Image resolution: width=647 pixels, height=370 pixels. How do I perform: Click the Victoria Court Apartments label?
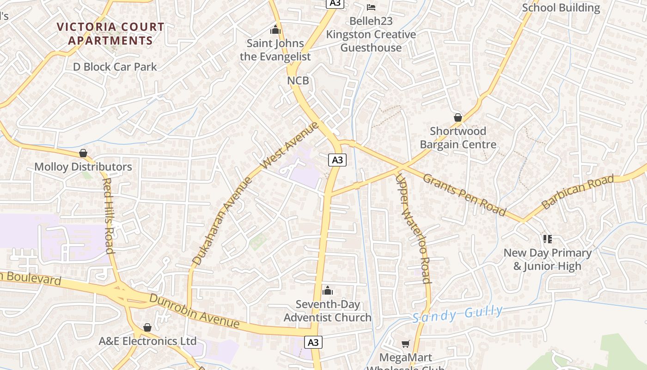(x=110, y=34)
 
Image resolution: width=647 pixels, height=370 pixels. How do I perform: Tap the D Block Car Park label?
(x=115, y=67)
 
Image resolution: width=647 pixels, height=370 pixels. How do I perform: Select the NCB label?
(x=298, y=80)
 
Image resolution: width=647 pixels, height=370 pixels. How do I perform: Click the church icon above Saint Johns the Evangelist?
(x=275, y=30)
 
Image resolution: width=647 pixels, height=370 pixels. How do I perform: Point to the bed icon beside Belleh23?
(x=371, y=7)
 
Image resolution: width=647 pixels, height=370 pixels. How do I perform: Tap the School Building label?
(x=561, y=8)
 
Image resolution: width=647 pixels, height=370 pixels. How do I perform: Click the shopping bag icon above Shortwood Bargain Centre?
(x=458, y=117)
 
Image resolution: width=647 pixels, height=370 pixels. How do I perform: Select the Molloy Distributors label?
(x=83, y=166)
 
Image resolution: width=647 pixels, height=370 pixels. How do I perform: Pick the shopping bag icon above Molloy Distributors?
(x=83, y=153)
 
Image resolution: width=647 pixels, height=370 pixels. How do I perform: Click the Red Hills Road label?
(x=108, y=216)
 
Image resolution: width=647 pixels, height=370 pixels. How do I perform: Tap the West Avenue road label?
(x=290, y=145)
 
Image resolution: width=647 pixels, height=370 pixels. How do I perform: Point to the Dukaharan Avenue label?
(x=223, y=221)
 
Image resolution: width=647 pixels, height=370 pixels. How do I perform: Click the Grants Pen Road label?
(x=464, y=195)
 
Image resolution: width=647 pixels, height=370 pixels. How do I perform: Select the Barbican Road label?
(x=578, y=191)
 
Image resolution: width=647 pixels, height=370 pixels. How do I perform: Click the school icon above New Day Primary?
(x=548, y=239)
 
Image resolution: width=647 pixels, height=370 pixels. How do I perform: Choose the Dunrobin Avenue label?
(x=194, y=310)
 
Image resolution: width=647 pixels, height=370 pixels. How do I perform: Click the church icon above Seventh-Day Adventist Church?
(x=328, y=290)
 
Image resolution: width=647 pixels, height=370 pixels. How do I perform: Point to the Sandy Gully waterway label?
(x=457, y=314)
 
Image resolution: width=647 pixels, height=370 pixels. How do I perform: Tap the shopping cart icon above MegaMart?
(x=405, y=344)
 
